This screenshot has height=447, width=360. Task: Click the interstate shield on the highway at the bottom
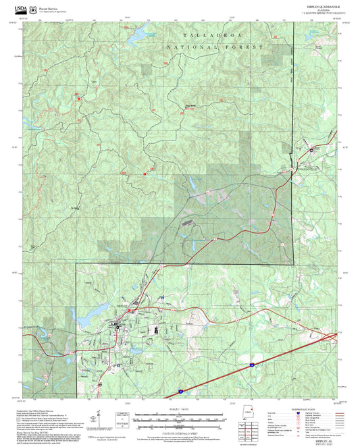(x=181, y=391)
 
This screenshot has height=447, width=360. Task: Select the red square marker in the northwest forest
(x=79, y=97)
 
